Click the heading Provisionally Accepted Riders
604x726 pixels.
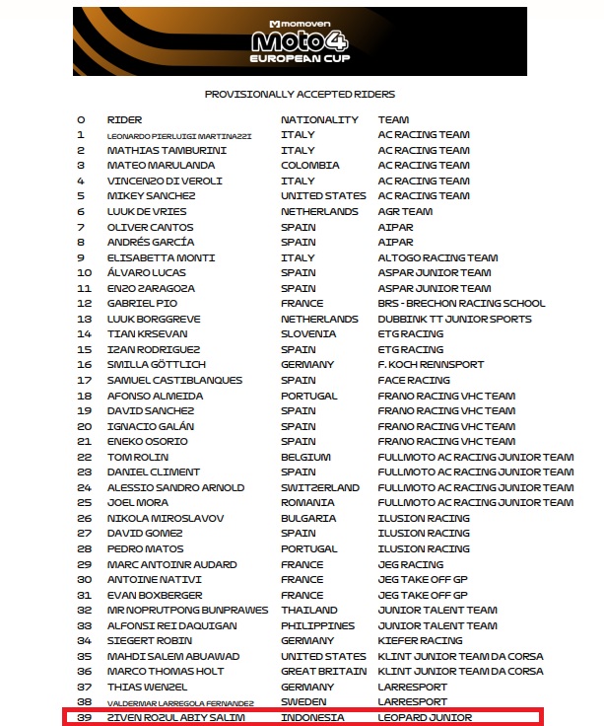point(300,95)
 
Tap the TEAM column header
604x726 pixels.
point(393,119)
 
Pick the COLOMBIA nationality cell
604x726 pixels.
point(309,166)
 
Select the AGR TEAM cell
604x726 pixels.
point(405,211)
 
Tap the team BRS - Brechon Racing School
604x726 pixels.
point(461,303)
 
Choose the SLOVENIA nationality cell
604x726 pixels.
point(308,333)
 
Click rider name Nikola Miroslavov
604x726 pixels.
point(166,518)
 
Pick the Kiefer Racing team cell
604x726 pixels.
point(420,640)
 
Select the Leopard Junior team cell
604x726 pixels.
point(425,717)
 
